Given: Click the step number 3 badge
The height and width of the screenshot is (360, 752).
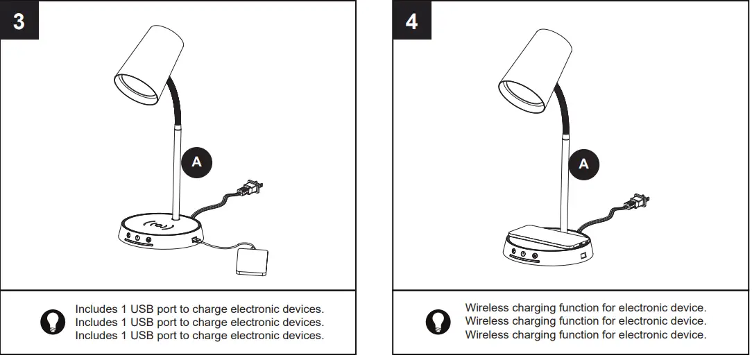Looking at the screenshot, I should pos(19,21).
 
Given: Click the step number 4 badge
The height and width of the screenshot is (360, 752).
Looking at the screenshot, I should pos(411,21).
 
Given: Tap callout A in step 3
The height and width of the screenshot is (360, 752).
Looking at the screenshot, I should pos(196,162).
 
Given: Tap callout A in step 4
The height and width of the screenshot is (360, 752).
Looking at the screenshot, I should pos(583,163).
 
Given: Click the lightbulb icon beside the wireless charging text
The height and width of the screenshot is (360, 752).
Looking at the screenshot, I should pos(437,321).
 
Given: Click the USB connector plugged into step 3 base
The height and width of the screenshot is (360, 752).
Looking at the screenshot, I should pos(194,241).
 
